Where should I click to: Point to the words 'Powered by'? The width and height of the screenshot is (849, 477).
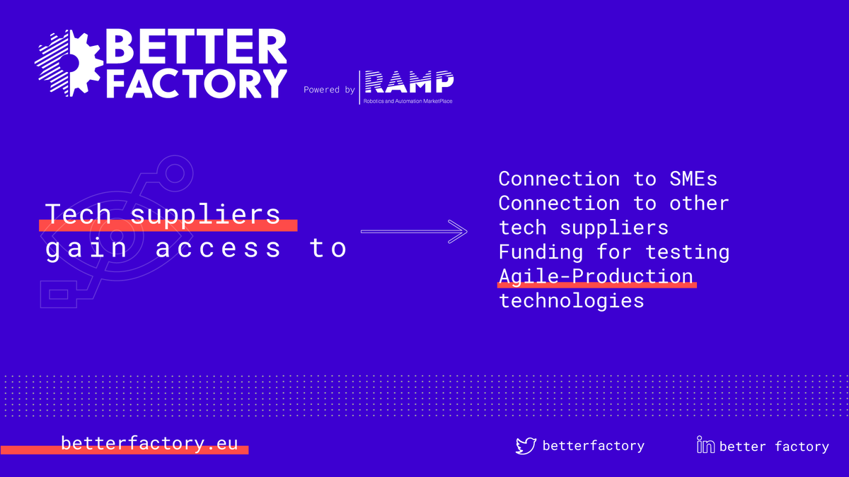pyautogui.click(x=329, y=90)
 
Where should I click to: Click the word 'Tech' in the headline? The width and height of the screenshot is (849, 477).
pyautogui.click(x=78, y=213)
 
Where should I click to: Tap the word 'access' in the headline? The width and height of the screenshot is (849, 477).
pyautogui.click(x=218, y=248)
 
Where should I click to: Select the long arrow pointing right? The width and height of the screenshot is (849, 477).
pyautogui.click(x=414, y=231)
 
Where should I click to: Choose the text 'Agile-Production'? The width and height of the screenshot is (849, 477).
pyautogui.click(x=596, y=276)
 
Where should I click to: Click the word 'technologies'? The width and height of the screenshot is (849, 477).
pyautogui.click(x=572, y=300)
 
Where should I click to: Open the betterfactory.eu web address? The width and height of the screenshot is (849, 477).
pyautogui.click(x=149, y=444)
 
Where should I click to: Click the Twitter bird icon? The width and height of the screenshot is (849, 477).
pyautogui.click(x=526, y=445)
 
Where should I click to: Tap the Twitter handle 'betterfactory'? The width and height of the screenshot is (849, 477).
pyautogui.click(x=593, y=445)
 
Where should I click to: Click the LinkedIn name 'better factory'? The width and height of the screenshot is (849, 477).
pyautogui.click(x=774, y=447)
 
